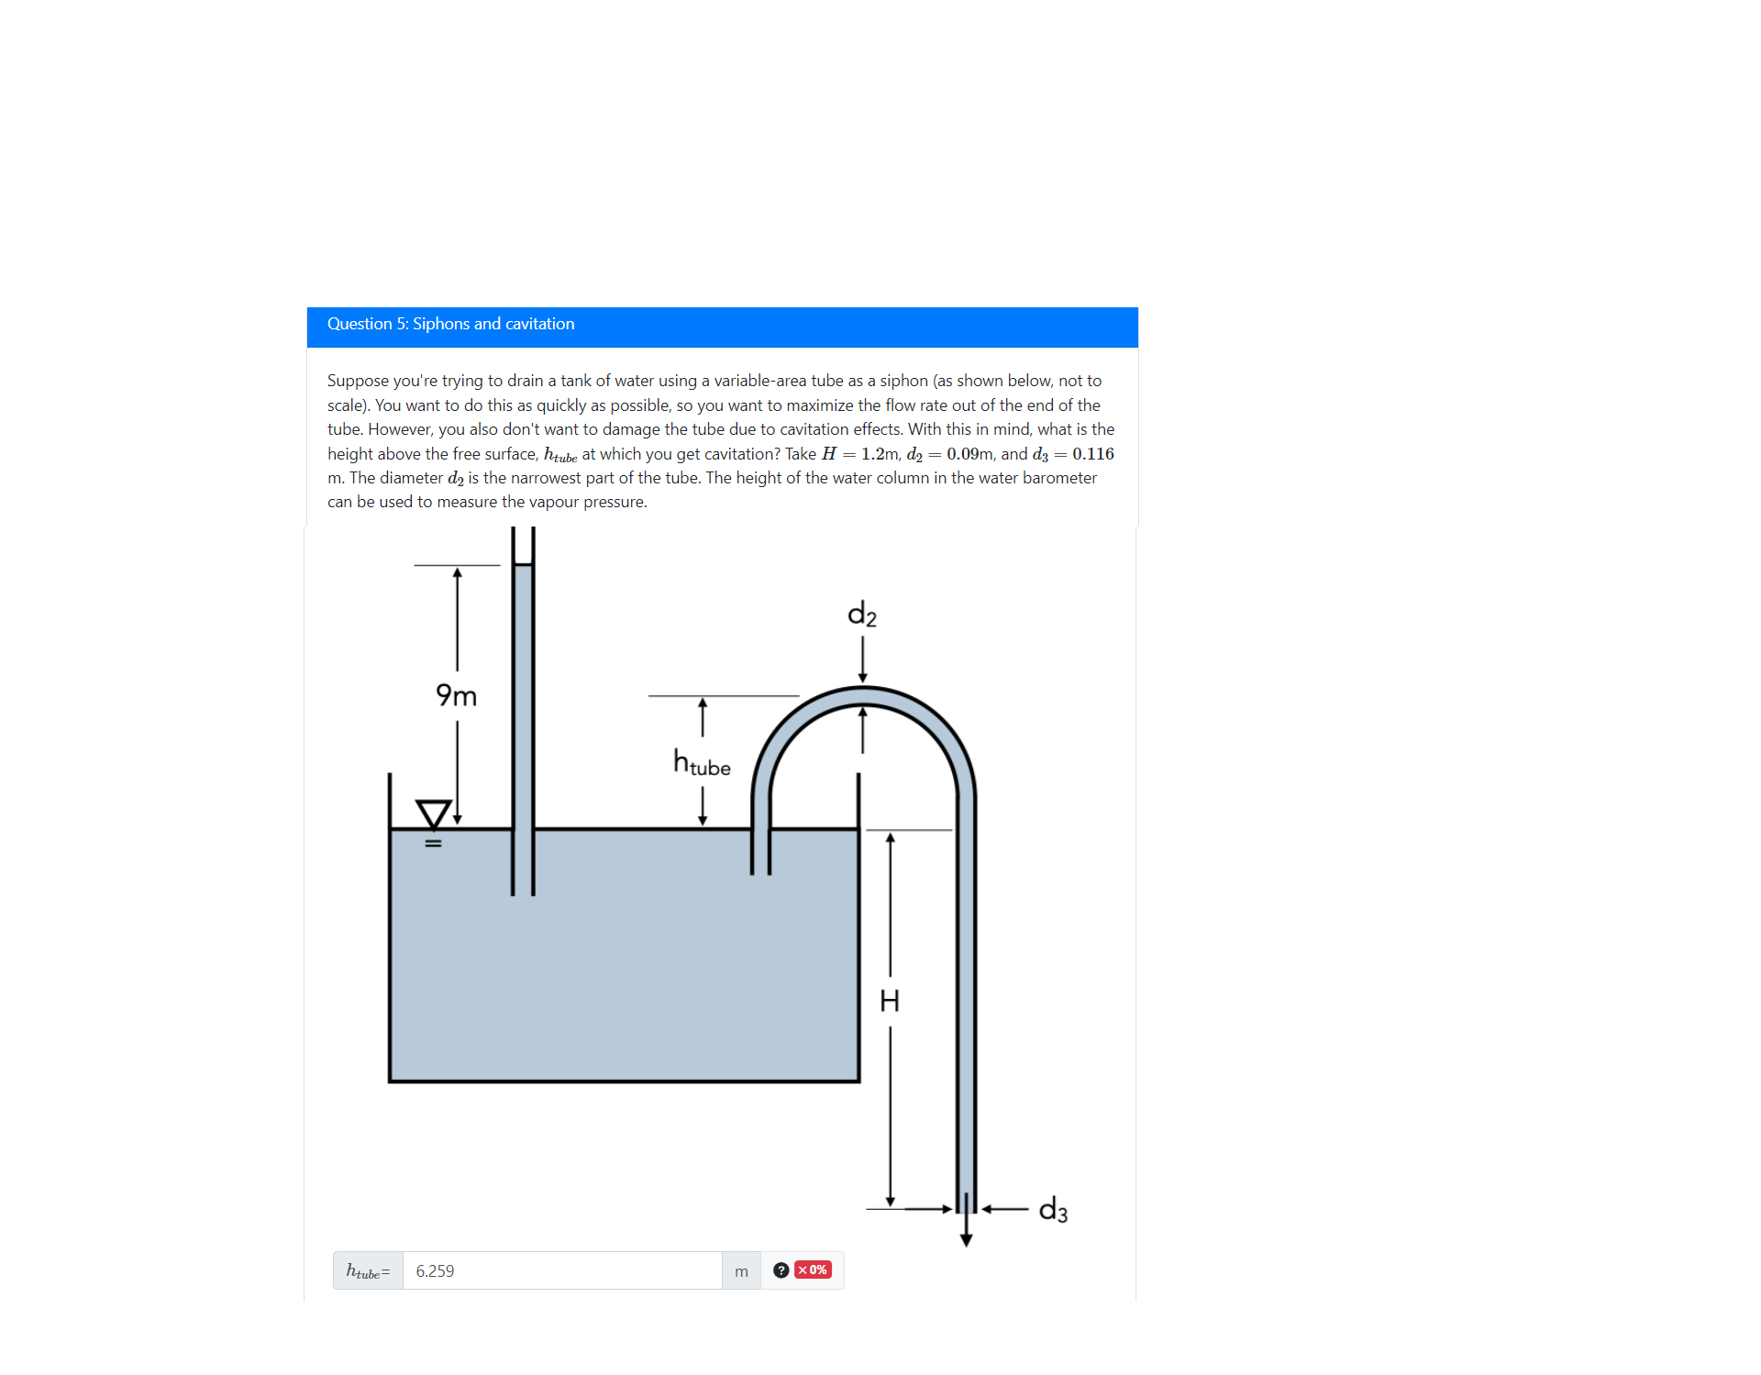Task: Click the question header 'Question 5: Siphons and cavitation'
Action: coord(450,325)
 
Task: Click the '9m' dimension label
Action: coord(456,695)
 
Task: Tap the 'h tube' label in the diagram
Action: coord(702,763)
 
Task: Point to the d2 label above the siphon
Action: coord(862,614)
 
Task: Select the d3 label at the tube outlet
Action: coord(1053,1210)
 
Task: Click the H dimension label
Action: coord(890,1000)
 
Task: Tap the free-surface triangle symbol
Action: coord(433,813)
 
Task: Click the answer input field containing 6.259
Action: coord(561,1270)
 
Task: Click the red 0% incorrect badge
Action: coord(813,1270)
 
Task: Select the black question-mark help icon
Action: coord(781,1270)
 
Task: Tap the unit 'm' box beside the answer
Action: coord(741,1271)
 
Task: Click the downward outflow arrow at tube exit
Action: coord(966,1234)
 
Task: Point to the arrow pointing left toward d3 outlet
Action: coord(1005,1209)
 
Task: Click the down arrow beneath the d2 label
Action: coord(862,660)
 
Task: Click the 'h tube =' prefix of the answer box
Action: coord(368,1271)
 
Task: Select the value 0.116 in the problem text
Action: coord(1092,454)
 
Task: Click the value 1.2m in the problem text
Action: coord(880,454)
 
